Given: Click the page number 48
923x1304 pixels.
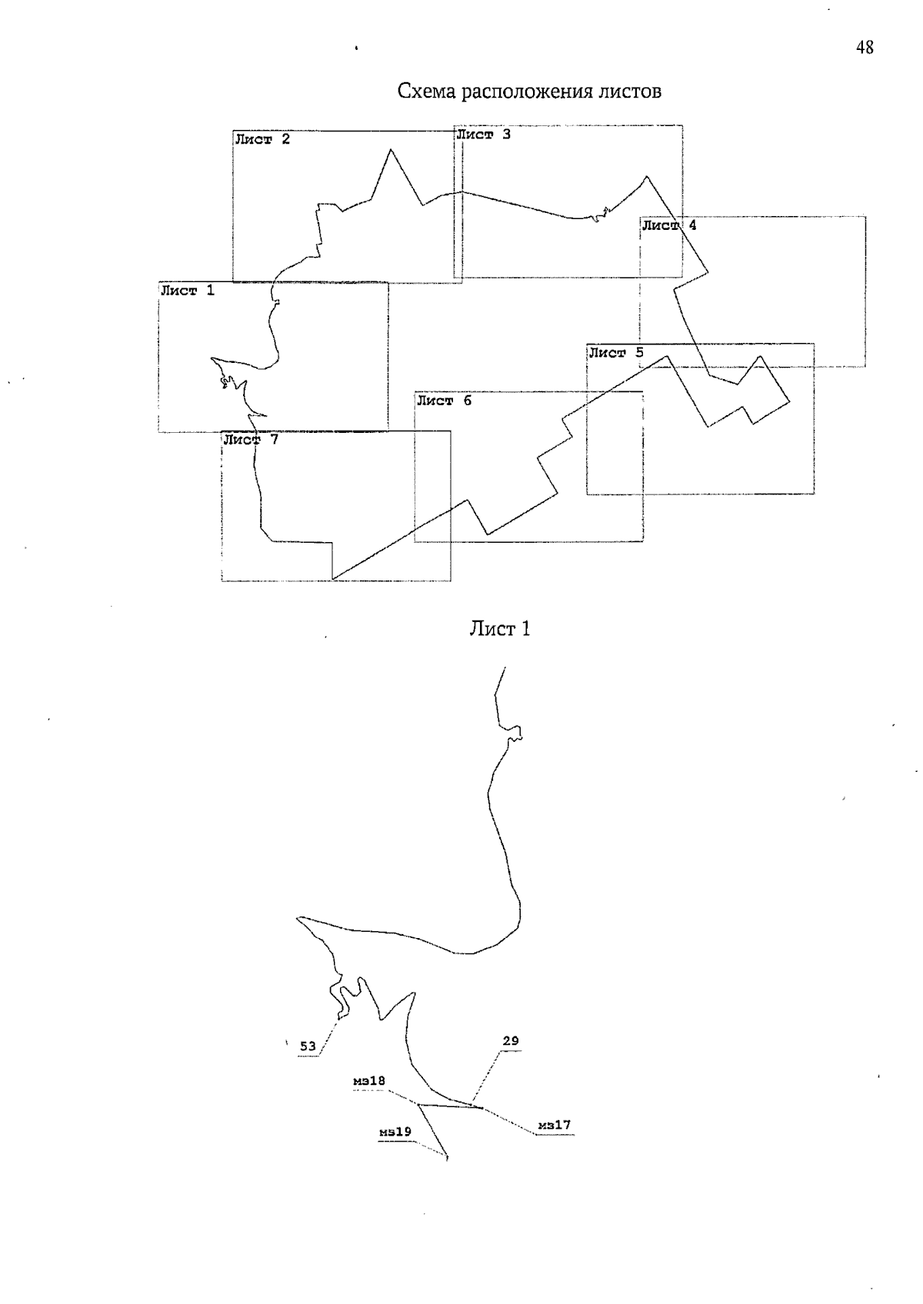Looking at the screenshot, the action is [865, 47].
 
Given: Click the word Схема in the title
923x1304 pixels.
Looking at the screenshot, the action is [427, 91].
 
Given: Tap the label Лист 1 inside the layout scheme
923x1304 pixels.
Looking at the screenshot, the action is [188, 291].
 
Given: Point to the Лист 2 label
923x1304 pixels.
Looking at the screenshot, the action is [262, 139].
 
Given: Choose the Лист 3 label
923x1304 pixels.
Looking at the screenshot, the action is [483, 135].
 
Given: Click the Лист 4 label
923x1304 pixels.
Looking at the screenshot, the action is [669, 225].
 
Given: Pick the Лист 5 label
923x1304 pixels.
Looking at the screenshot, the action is [617, 353].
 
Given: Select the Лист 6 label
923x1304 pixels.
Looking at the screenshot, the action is [445, 401].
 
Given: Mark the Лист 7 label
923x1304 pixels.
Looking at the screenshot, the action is [251, 440].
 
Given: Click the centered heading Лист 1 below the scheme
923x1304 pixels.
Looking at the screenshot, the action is [500, 629].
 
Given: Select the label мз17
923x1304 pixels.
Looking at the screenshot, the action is [555, 1126].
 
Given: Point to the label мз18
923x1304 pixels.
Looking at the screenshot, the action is [368, 1081].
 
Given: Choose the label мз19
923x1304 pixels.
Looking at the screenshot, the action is [395, 1132].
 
